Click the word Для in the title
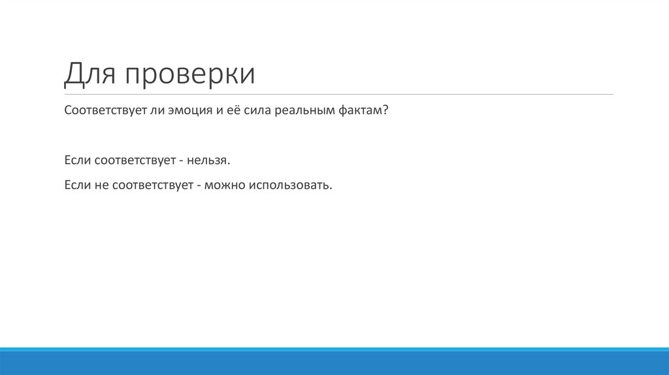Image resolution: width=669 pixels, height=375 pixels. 87,74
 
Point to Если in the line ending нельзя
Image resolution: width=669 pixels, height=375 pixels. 77,160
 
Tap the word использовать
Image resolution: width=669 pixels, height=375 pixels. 289,186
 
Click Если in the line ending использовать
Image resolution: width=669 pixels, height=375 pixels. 77,186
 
